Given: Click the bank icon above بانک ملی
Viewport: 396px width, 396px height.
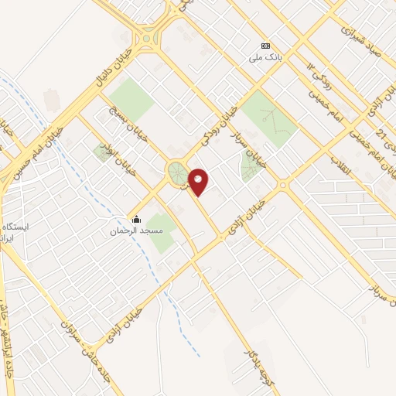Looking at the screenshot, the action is click(x=266, y=46).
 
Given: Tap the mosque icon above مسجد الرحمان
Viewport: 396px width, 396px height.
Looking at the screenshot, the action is click(x=136, y=220).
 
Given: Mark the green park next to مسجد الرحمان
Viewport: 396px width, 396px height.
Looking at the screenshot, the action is click(x=162, y=232).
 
